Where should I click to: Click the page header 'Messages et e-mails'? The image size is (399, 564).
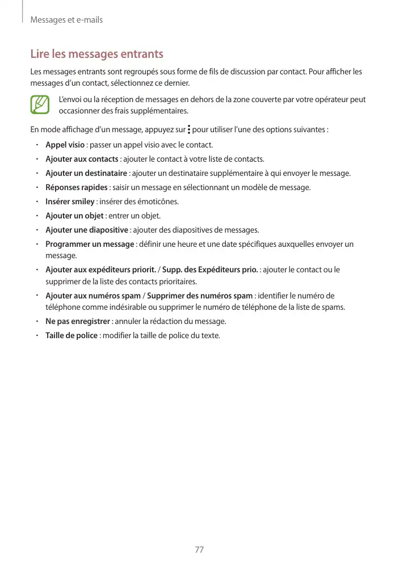[66, 20]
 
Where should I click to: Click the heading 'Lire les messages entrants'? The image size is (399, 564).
[96, 54]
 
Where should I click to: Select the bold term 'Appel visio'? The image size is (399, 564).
[65, 145]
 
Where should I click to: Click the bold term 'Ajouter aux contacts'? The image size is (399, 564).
[82, 159]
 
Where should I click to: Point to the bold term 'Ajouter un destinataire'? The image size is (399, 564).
[86, 173]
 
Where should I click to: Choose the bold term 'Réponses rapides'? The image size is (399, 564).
[76, 187]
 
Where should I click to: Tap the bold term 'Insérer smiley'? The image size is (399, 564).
[70, 201]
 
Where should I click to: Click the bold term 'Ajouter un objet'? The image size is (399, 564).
[74, 216]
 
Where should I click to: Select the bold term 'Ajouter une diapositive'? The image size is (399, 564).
[86, 230]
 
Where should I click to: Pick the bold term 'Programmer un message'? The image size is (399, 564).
[90, 244]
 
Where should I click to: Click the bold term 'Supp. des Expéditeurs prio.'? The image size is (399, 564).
[210, 270]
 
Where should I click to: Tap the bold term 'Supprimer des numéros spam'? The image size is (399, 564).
[200, 296]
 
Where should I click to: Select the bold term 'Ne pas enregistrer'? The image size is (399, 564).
[78, 321]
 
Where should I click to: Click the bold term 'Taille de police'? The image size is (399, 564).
[72, 335]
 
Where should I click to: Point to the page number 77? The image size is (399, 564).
[199, 549]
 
